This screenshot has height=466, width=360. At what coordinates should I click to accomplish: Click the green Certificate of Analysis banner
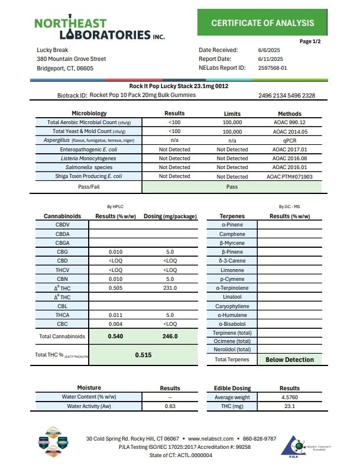[x=263, y=23]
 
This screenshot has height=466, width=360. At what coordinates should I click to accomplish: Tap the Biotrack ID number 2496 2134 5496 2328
[x=287, y=96]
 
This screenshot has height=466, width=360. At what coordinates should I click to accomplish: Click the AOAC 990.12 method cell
[x=289, y=122]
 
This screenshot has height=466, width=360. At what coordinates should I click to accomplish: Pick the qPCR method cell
[x=289, y=141]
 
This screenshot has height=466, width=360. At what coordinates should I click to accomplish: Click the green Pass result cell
[x=232, y=186]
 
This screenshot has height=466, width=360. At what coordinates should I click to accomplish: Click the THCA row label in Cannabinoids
[x=62, y=315]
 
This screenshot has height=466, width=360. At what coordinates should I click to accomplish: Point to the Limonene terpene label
[x=232, y=270]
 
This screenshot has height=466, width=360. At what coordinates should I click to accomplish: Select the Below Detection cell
[x=290, y=360]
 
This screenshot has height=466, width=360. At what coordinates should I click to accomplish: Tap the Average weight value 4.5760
[x=290, y=397]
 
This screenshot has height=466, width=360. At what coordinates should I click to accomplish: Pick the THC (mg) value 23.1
[x=290, y=406]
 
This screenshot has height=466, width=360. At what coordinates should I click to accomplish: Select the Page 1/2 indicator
[x=313, y=41]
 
